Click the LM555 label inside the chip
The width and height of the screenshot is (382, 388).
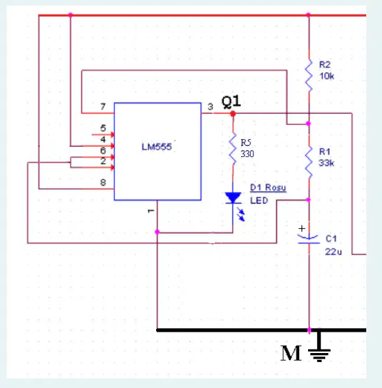click(x=157, y=147)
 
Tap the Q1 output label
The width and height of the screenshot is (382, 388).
click(x=231, y=101)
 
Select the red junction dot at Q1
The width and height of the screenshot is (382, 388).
click(x=233, y=114)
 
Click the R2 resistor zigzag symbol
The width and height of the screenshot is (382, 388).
click(x=309, y=75)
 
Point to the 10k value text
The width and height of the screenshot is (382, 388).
click(x=327, y=76)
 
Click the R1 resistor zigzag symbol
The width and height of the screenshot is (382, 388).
click(x=309, y=162)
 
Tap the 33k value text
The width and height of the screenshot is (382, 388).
click(x=327, y=163)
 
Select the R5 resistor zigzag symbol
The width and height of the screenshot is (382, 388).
click(x=233, y=149)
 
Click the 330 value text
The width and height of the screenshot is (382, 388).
click(x=247, y=154)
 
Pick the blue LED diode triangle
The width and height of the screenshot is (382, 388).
click(x=233, y=197)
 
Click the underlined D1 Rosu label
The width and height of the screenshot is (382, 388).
click(x=268, y=188)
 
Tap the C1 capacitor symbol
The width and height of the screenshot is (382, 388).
click(x=309, y=239)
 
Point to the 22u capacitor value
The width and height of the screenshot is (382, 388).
click(x=333, y=252)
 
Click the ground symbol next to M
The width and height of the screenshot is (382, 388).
click(x=319, y=347)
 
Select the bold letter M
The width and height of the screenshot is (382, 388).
click(x=291, y=353)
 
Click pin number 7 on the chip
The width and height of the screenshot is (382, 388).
click(x=103, y=106)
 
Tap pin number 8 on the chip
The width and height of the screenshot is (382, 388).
click(x=103, y=182)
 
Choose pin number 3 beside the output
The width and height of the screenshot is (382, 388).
click(x=210, y=107)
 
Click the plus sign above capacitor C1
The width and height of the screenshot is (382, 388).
click(x=302, y=228)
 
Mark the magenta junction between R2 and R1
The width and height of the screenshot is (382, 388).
click(x=308, y=123)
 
